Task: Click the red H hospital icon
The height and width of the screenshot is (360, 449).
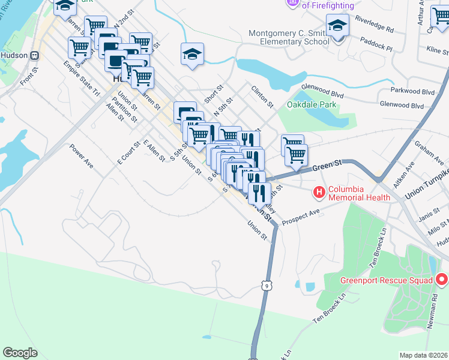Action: click(319, 192)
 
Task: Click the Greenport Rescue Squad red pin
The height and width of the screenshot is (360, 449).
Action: click(442, 280)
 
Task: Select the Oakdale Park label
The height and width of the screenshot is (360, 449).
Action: click(312, 104)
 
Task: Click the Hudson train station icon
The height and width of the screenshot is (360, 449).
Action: click(35, 55)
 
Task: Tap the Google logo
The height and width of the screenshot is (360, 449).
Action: click(20, 352)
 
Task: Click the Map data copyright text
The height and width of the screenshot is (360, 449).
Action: click(423, 355)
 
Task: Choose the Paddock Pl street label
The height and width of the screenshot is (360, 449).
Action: click(376, 43)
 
